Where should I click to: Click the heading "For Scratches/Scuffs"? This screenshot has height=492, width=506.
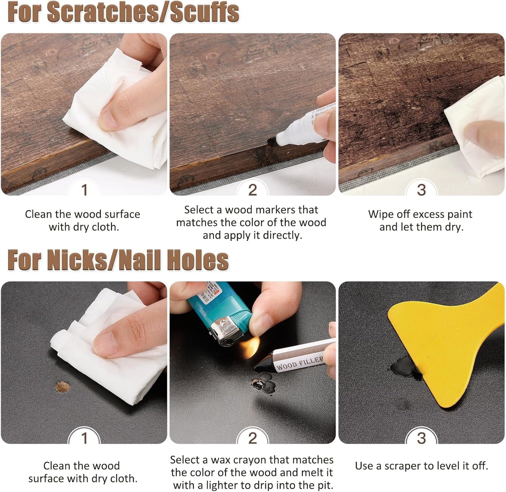(x=123, y=13)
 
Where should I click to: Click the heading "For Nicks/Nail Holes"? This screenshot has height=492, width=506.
(x=118, y=261)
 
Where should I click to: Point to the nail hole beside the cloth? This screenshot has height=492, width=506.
(x=62, y=387)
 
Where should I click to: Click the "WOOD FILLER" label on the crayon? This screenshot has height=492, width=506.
(x=299, y=363)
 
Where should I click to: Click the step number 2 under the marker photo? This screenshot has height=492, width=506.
(x=252, y=190)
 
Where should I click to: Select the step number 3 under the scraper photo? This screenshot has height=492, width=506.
(x=421, y=438)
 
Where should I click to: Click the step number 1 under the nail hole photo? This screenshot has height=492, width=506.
(x=84, y=438)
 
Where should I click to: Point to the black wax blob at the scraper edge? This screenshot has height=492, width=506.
(x=403, y=368)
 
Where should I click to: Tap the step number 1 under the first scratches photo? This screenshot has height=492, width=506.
(x=84, y=190)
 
